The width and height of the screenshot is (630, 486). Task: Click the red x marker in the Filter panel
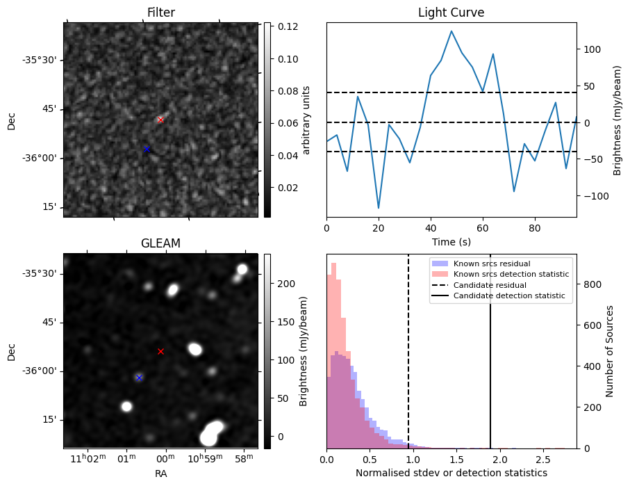[160, 120]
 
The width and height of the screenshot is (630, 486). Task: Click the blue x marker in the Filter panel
[147, 149]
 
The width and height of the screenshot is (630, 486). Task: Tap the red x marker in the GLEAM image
[160, 351]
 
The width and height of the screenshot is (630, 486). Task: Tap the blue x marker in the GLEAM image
[140, 378]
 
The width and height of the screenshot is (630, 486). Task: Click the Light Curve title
[451, 13]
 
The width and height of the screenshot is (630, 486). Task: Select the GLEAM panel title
[160, 243]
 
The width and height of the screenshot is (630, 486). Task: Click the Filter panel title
[160, 13]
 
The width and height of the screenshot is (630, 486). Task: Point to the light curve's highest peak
[451, 31]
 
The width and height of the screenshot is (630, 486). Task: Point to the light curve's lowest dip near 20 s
[379, 208]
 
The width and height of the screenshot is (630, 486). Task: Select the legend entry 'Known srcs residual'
[491, 264]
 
